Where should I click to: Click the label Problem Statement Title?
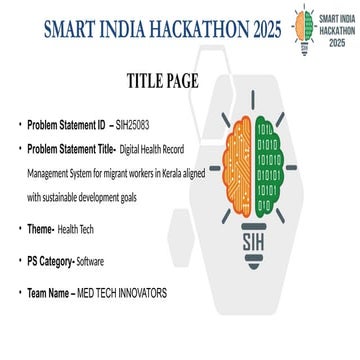(72, 148)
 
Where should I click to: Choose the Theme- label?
(41, 228)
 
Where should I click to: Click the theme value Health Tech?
(78, 228)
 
